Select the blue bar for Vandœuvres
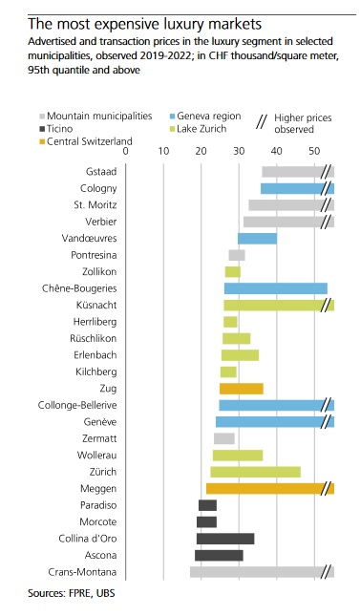[x=257, y=239]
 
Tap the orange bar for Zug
[x=241, y=389]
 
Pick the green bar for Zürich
[x=256, y=472]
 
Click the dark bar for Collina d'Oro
[x=225, y=539]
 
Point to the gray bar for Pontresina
[x=237, y=255]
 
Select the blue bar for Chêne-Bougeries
[x=275, y=288]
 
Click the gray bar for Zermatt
[x=224, y=438]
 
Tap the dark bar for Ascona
[x=219, y=555]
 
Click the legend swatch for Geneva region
[x=172, y=116]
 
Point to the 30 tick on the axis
[x=239, y=151]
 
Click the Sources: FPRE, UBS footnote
[x=70, y=593]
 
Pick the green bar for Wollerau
[x=238, y=456]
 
